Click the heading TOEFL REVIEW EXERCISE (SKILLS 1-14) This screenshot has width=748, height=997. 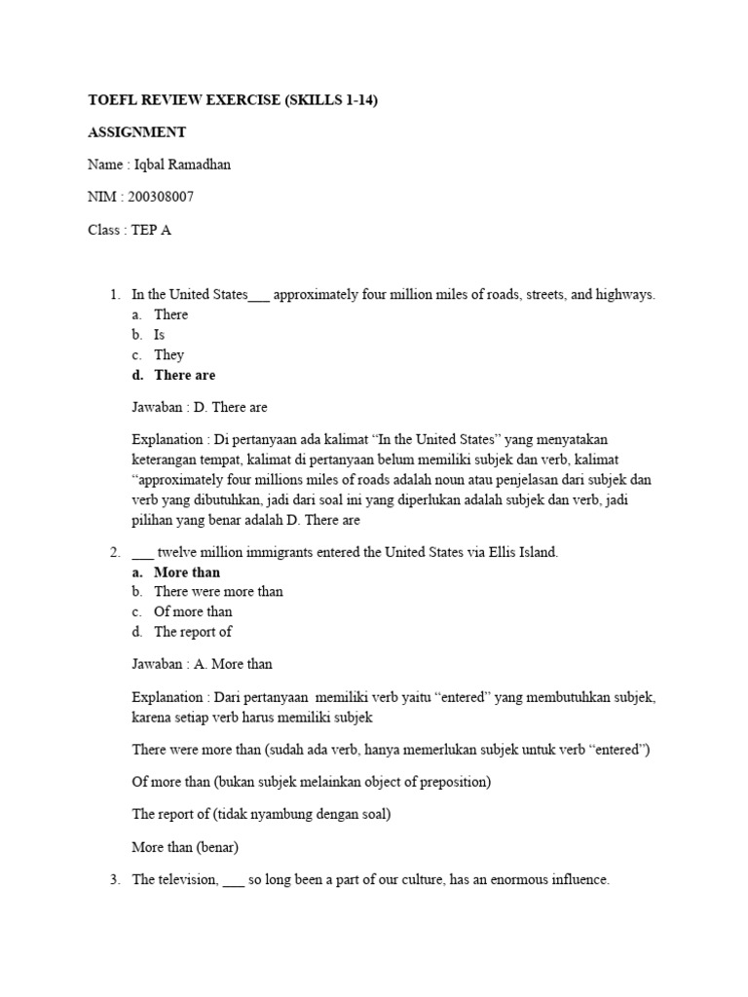(227, 100)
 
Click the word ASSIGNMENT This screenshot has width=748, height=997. (136, 132)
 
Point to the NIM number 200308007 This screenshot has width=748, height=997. (159, 197)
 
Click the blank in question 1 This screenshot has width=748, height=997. (259, 296)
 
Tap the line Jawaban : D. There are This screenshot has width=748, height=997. (199, 407)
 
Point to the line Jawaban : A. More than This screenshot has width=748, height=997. (202, 664)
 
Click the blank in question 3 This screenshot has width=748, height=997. (234, 881)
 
